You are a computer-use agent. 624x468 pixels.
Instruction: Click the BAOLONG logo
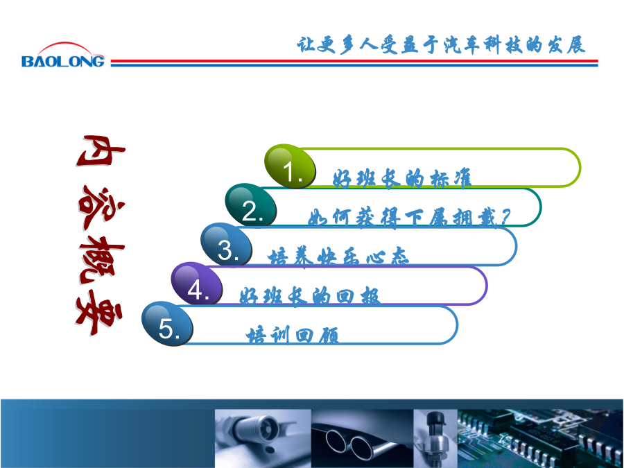63,55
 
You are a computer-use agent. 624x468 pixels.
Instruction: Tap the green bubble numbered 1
290,166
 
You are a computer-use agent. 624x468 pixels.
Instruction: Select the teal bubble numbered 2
251,205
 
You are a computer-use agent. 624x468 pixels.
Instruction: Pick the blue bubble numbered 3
227,244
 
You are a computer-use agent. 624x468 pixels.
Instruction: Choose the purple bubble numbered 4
197,284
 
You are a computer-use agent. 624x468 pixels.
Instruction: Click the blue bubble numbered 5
167,323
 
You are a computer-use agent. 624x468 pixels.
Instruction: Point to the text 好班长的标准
402,178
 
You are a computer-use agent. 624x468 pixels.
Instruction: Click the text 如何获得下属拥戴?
408,217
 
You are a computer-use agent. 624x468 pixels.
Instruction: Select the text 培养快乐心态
338,257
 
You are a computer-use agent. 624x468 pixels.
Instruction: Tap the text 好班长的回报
310,296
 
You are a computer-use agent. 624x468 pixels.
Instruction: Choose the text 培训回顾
293,335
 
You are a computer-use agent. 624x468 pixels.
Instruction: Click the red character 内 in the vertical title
101,151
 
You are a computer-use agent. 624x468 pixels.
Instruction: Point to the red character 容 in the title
101,207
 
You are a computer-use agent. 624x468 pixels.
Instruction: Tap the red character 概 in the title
101,259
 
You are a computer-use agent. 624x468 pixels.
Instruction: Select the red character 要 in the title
99,312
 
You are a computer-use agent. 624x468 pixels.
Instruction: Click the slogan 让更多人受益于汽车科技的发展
441,44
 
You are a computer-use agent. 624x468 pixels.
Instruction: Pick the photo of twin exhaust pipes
362,439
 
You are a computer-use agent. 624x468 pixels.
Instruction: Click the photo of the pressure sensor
435,439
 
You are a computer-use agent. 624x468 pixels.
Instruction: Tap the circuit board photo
540,439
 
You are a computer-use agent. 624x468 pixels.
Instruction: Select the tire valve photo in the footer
263,439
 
